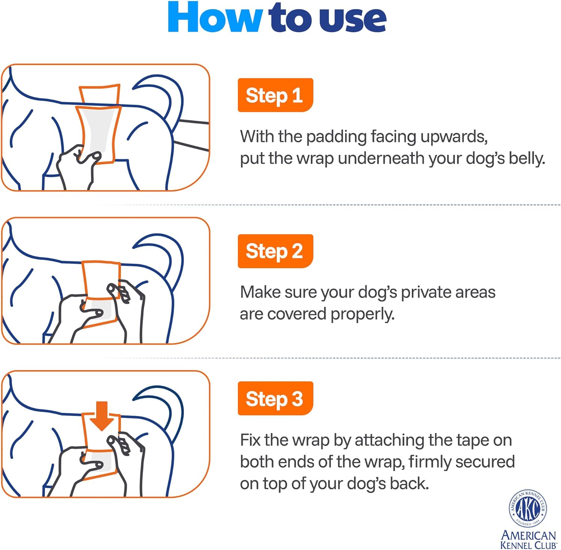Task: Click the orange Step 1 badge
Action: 275,95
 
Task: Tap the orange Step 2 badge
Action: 275,251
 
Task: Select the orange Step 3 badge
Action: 275,398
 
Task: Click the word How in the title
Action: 214,18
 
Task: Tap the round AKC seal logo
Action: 528,508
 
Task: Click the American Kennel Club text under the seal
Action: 528,540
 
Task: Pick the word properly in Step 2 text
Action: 362,314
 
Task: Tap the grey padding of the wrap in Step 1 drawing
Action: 98,131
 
